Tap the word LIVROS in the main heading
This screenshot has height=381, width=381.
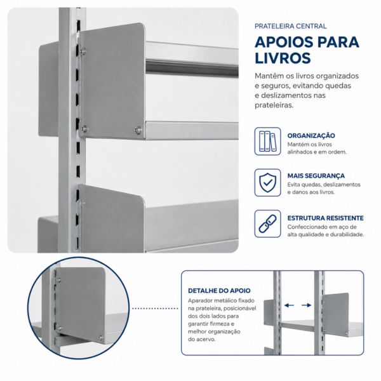click(283, 58)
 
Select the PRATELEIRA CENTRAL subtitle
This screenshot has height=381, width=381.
click(291, 26)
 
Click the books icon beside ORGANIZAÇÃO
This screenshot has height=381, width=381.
click(267, 141)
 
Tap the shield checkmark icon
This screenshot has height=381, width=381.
click(267, 183)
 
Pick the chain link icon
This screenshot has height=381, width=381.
click(267, 224)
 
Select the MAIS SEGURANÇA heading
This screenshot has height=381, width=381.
click(316, 176)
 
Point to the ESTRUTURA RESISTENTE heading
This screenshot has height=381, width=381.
click(325, 218)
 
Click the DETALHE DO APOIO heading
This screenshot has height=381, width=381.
click(219, 291)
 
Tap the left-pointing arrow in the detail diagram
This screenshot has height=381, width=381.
click(289, 305)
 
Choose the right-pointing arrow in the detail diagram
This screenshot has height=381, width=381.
click(307, 305)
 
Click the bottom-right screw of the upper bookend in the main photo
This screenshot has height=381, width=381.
click(138, 130)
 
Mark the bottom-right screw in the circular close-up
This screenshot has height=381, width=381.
click(100, 337)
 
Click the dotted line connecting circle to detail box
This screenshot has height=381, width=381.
click(155, 309)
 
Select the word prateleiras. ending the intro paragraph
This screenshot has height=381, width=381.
click(274, 105)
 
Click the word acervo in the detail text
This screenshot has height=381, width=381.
click(205, 339)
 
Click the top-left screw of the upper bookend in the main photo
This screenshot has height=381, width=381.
click(83, 51)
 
